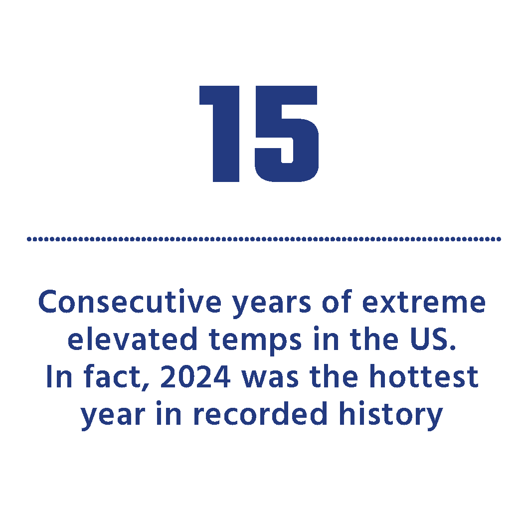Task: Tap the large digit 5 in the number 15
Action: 287,134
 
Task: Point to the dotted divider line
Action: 264,239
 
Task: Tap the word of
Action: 336,302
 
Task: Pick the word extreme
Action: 424,303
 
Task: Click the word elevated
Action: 132,339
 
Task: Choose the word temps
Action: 255,341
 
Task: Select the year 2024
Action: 195,376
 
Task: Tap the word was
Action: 270,379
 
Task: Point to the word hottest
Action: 424,376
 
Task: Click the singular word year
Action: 113,416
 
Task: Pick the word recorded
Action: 260,413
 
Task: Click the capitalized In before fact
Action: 59,376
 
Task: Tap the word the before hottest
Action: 334,376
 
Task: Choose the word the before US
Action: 374,339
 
